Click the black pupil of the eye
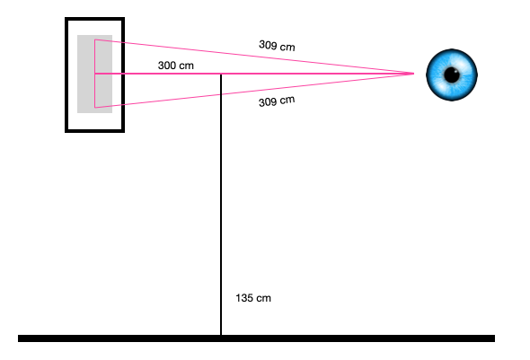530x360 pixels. click(x=452, y=75)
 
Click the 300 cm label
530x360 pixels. click(x=176, y=66)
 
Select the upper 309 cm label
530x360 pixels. click(x=277, y=45)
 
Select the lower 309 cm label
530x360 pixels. click(x=277, y=101)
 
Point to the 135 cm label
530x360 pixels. click(x=253, y=298)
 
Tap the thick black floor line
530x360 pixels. click(x=256, y=338)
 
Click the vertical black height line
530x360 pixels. click(x=221, y=205)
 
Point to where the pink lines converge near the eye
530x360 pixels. click(x=414, y=74)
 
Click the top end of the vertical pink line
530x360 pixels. click(x=95, y=40)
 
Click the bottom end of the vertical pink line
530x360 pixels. click(x=95, y=108)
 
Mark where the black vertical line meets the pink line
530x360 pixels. click(x=221, y=74)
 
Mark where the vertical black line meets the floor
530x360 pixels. click(x=221, y=336)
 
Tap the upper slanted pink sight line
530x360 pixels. click(x=254, y=57)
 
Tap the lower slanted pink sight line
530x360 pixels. click(x=254, y=91)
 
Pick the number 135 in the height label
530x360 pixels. click(x=243, y=298)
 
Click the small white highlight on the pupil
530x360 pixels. click(x=455, y=71)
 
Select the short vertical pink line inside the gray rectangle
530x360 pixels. click(x=95, y=74)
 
